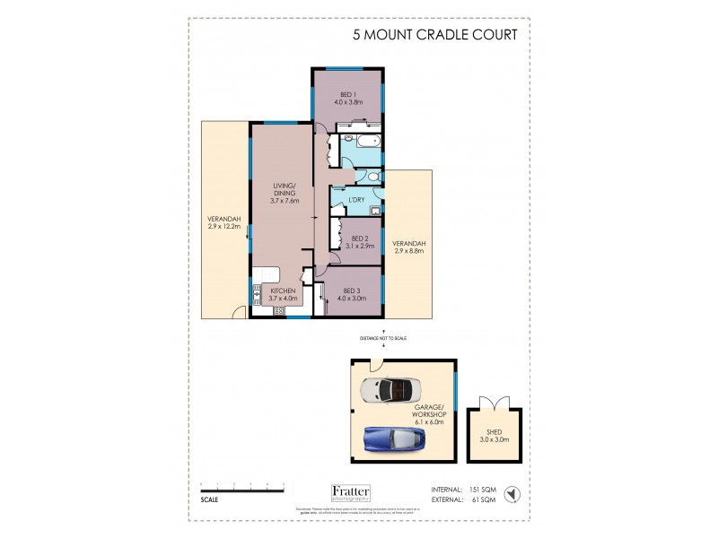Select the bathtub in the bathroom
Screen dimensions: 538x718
point(366,142)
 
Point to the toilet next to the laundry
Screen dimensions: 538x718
point(371,177)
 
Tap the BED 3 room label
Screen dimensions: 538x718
point(355,291)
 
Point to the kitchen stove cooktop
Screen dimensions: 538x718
point(279,310)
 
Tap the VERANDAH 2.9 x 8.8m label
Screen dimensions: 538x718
point(409,247)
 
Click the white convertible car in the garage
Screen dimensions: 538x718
point(391,389)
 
